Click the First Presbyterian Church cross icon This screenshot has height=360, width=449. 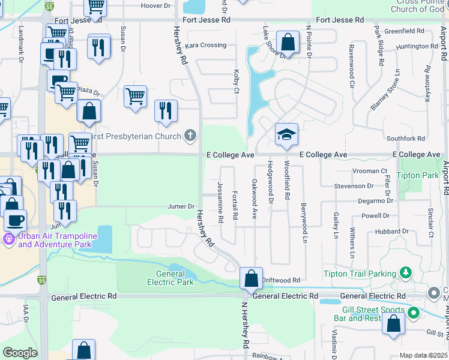(x=190, y=136)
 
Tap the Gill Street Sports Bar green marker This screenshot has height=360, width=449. (x=413, y=313)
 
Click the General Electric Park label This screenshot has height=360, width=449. (x=170, y=278)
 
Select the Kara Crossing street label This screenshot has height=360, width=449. (x=206, y=46)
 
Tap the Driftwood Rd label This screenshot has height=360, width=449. (x=281, y=280)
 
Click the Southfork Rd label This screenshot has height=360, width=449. (x=406, y=139)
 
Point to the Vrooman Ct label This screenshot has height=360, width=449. (x=370, y=171)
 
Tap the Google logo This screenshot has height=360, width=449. (x=19, y=353)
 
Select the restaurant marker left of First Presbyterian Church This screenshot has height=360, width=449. (x=166, y=110)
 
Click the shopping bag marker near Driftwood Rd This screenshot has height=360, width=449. (x=251, y=278)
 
